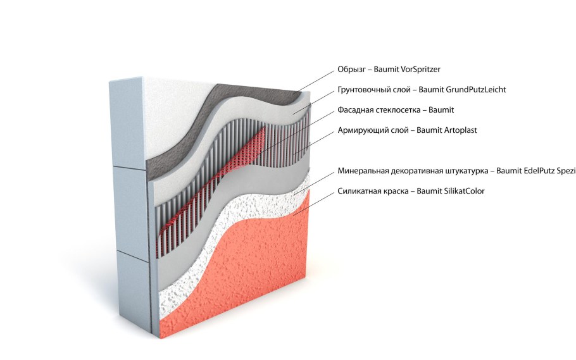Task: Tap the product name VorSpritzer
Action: [x=420, y=70]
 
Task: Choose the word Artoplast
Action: [x=461, y=130]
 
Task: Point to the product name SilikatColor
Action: [x=465, y=191]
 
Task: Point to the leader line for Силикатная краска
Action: [x=314, y=202]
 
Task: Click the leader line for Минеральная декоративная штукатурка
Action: [x=315, y=183]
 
